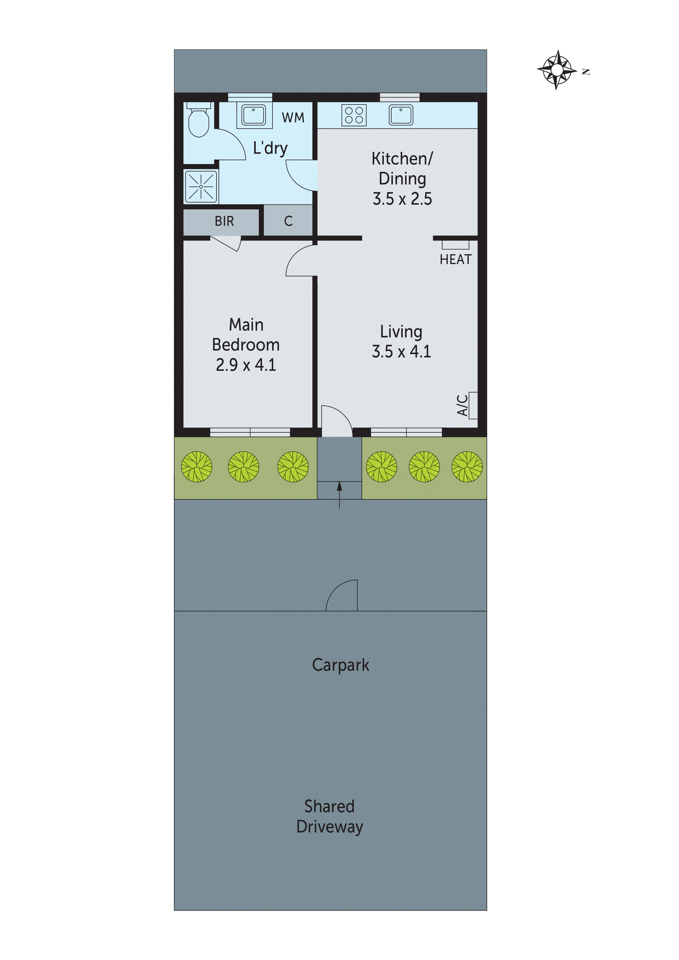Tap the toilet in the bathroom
[199, 121]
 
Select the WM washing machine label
[293, 118]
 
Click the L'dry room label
[270, 148]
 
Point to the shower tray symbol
[201, 186]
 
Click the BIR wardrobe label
[224, 221]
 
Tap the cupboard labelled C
[288, 221]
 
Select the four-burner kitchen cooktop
[354, 115]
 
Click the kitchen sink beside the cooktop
[401, 115]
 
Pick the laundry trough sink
[254, 115]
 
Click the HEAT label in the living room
[455, 260]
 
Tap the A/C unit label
[462, 405]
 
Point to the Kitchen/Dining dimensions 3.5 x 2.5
[402, 199]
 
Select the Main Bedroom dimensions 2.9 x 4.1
[246, 365]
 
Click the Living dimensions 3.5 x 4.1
[401, 352]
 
